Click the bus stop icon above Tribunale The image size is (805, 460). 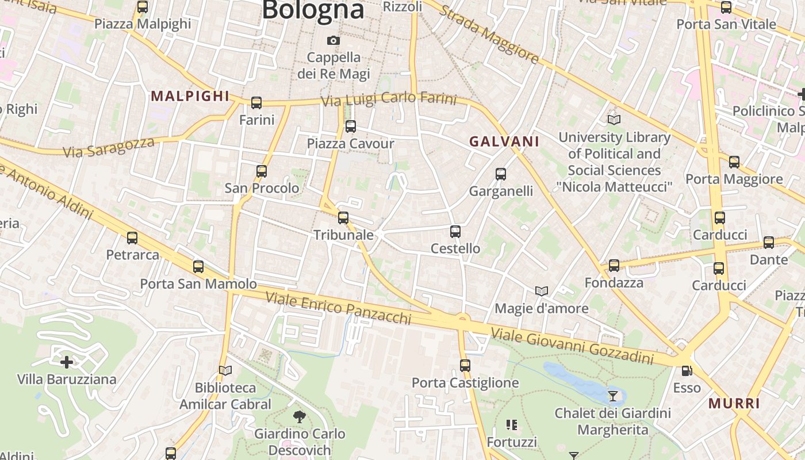point(343,218)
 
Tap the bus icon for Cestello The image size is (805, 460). point(455,232)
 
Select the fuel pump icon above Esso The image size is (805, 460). point(687,371)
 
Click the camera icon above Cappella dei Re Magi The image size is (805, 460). point(333,40)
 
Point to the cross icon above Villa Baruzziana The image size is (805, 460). point(67,362)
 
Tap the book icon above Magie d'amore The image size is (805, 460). point(542,291)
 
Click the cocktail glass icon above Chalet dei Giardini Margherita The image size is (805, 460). point(613,396)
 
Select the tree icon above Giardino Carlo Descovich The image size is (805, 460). point(299,416)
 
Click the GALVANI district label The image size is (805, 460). point(504,141)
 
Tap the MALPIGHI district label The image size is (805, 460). point(190,96)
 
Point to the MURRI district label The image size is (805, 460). point(734,403)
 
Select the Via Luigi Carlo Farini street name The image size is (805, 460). point(389,99)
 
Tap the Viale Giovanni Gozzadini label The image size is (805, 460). point(572,346)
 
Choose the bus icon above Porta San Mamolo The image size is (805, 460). point(198,267)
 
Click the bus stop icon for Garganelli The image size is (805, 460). point(501,174)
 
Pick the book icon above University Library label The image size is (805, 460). point(614,120)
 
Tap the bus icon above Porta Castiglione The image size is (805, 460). point(465,365)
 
